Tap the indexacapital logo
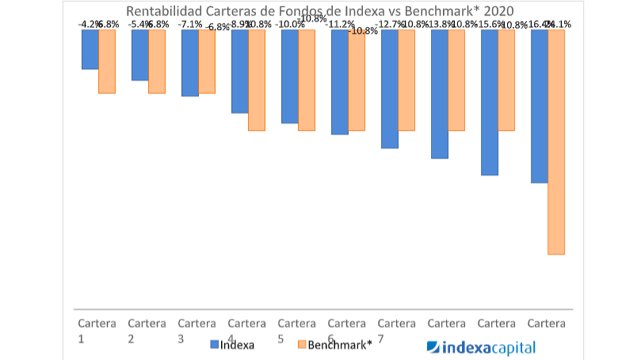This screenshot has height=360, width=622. click(481, 347)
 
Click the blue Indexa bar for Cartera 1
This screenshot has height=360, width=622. click(90, 49)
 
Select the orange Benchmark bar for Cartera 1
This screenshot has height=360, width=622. click(107, 61)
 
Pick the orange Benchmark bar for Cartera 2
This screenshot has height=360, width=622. click(157, 61)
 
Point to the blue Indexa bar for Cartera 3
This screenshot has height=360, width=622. click(189, 63)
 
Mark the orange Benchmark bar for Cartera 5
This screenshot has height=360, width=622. click(307, 79)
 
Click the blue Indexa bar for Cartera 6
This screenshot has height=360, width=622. click(339, 82)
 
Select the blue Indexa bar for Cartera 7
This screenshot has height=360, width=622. click(389, 89)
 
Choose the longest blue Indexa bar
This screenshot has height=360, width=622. click(539, 106)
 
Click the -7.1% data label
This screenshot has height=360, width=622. click(189, 25)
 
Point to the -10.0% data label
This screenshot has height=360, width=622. click(289, 25)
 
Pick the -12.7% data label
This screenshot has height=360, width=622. click(389, 25)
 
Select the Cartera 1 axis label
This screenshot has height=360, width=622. click(97, 331)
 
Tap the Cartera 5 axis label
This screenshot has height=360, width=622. click(296, 331)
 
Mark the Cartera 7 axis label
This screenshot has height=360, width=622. click(396, 331)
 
